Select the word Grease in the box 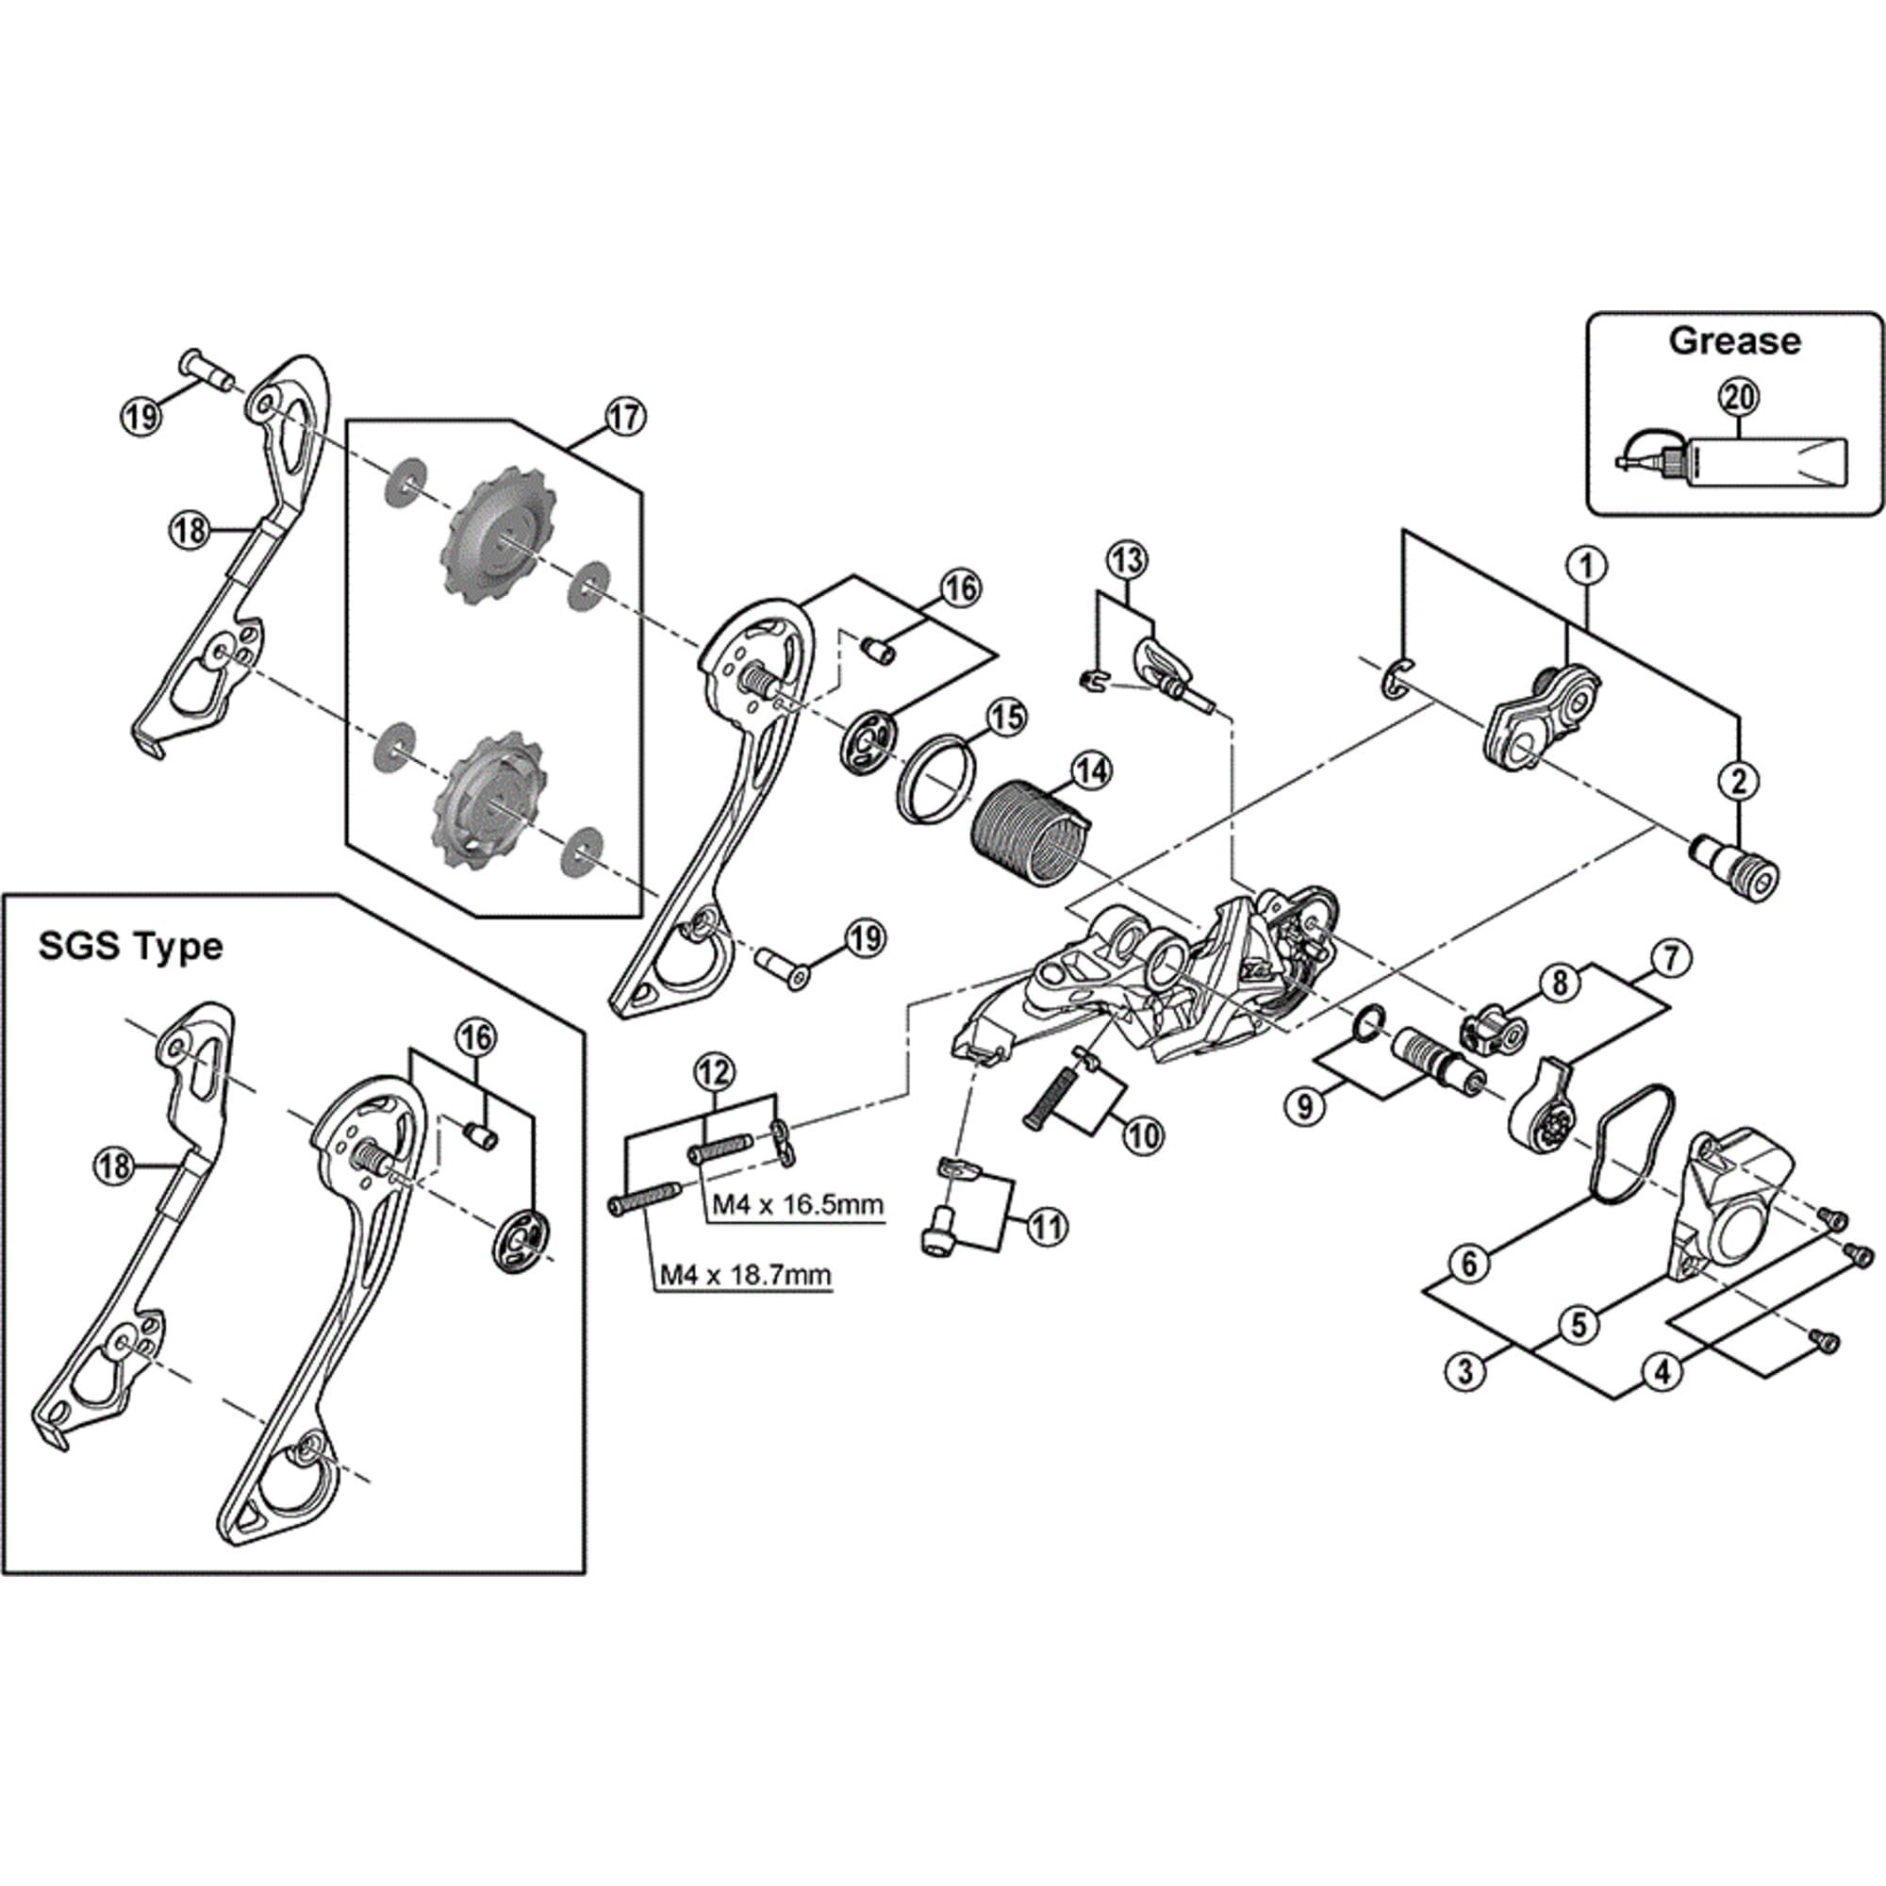1734,340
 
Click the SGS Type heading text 131,946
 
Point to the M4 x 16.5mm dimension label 796,1203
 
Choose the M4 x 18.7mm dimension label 745,1274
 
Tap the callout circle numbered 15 1006,718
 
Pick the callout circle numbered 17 625,417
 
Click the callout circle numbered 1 1586,564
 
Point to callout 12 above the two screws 713,1072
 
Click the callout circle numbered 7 1669,960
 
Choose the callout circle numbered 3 1464,1371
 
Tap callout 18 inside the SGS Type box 115,1166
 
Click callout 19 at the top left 142,417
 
